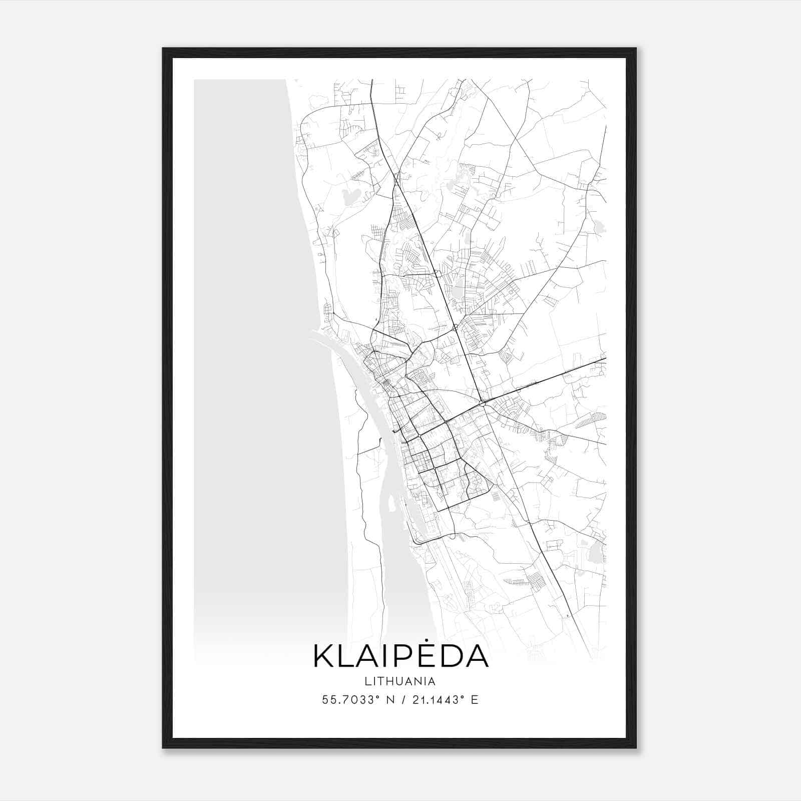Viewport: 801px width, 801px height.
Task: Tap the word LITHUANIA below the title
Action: click(x=400, y=681)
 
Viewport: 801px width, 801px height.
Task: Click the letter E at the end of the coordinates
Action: click(x=475, y=700)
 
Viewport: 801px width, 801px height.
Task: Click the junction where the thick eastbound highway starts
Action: click(x=482, y=402)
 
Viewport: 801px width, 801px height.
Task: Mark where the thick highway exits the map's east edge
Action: click(x=606, y=359)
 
